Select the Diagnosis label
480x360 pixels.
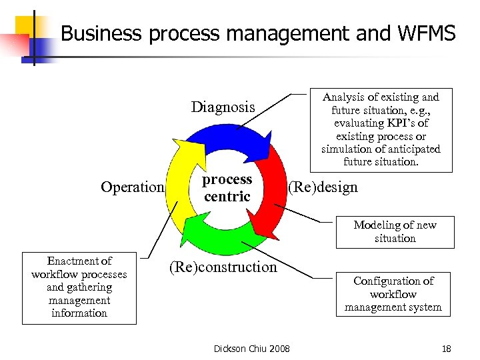pyautogui.click(x=223, y=107)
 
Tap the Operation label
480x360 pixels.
pyautogui.click(x=132, y=187)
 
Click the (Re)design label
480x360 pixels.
pyautogui.click(x=323, y=187)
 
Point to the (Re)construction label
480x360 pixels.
pyautogui.click(x=223, y=267)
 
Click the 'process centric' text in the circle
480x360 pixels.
pyautogui.click(x=227, y=188)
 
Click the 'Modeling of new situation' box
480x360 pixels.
pyautogui.click(x=395, y=232)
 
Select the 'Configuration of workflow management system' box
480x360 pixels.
pyautogui.click(x=393, y=294)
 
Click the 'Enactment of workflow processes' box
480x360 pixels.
pyautogui.click(x=79, y=287)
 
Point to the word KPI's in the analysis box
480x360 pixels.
pyautogui.click(x=408, y=123)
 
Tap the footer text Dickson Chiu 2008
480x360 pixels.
pyautogui.click(x=251, y=348)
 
